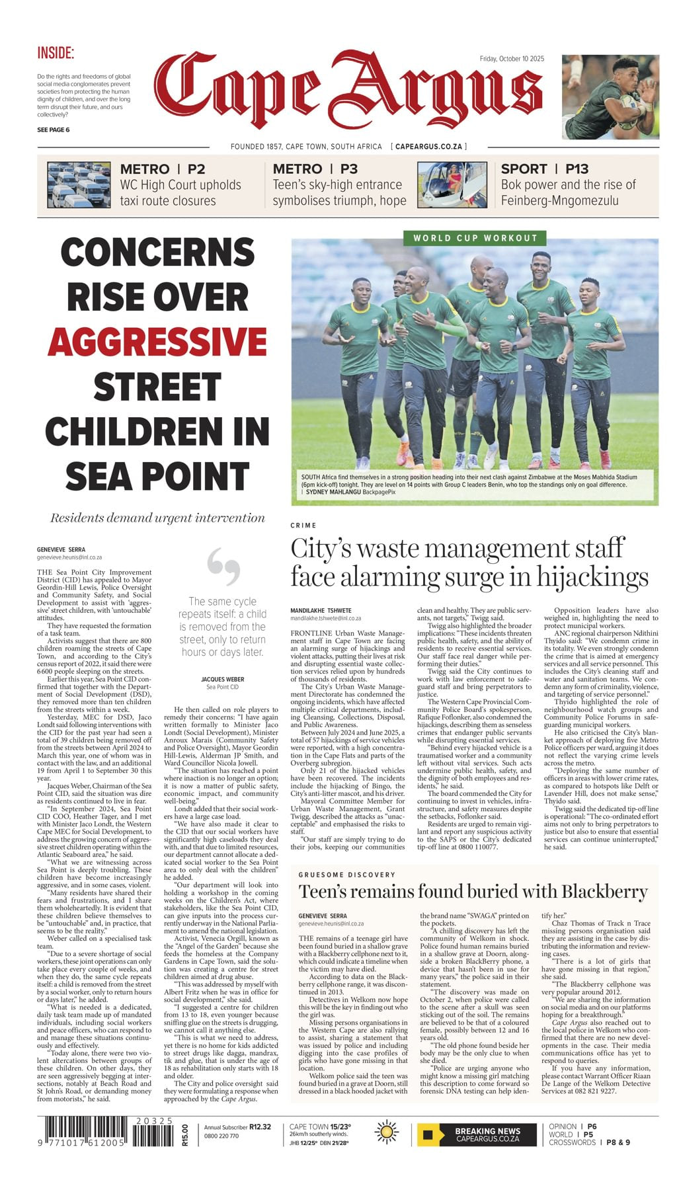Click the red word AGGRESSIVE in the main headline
[x=157, y=341]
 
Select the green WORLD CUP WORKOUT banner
[x=475, y=238]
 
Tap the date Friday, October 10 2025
[x=512, y=59]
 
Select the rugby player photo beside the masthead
[x=610, y=97]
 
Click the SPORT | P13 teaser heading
[x=544, y=169]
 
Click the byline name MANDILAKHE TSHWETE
[x=321, y=610]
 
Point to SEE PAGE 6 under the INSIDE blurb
[x=53, y=130]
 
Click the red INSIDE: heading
[x=56, y=54]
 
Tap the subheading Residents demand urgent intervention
[x=157, y=518]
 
